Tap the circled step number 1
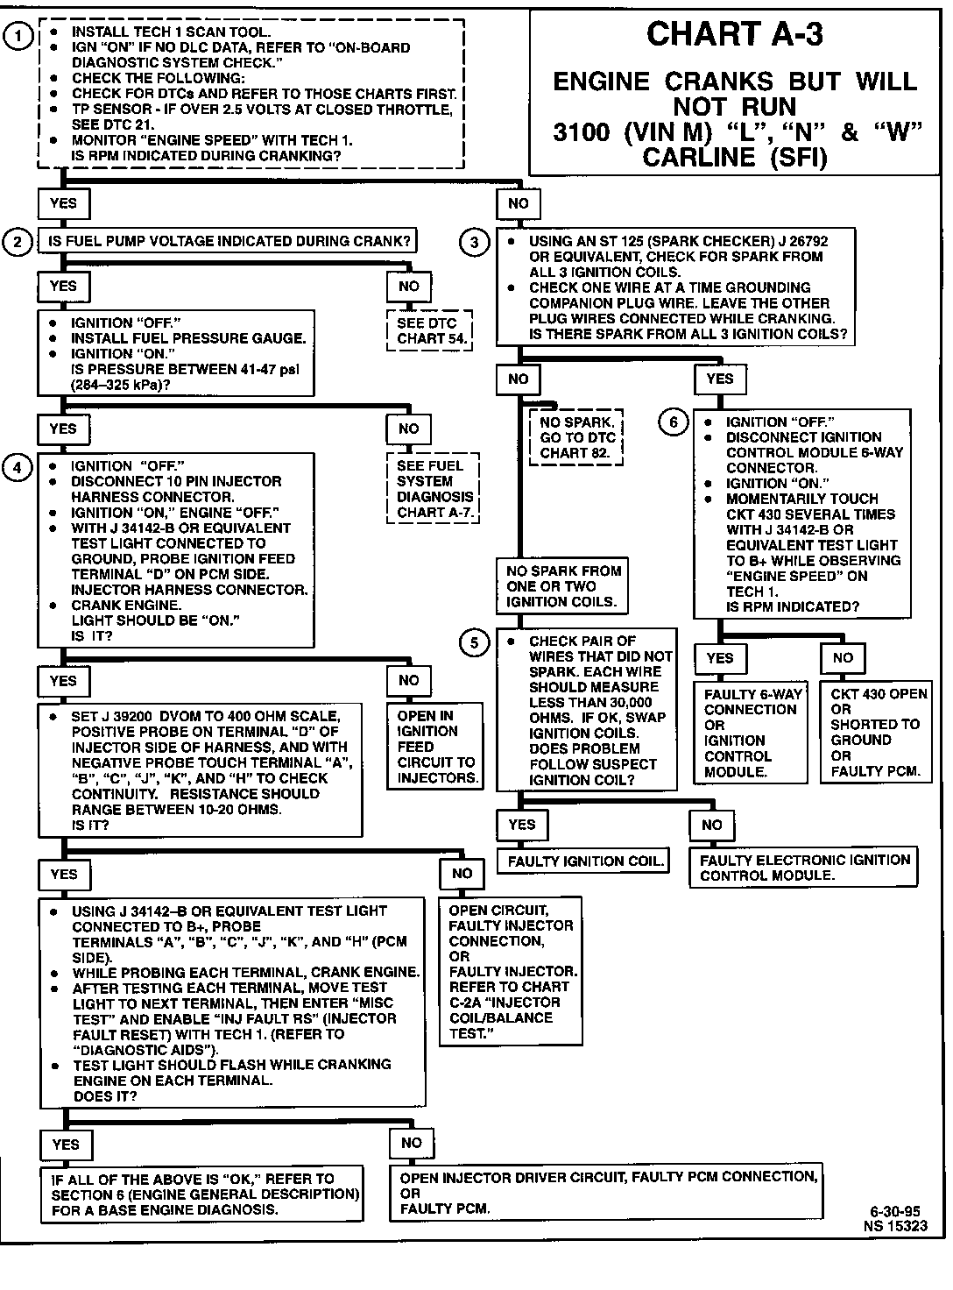pos(18,35)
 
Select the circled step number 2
pos(18,242)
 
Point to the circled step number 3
pos(475,243)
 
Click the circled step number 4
pos(18,467)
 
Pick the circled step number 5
pos(475,643)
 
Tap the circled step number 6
pos(673,422)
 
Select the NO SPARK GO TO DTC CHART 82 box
pos(576,437)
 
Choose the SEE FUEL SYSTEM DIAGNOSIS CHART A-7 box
pos(434,489)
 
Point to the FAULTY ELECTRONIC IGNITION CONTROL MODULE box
pos(804,868)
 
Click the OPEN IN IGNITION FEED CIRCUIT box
pos(435,747)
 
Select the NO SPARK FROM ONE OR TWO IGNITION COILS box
pos(563,586)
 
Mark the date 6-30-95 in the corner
pos(895,1211)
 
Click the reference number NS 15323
pos(894,1226)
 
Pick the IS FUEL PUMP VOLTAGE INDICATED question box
pos(228,241)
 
